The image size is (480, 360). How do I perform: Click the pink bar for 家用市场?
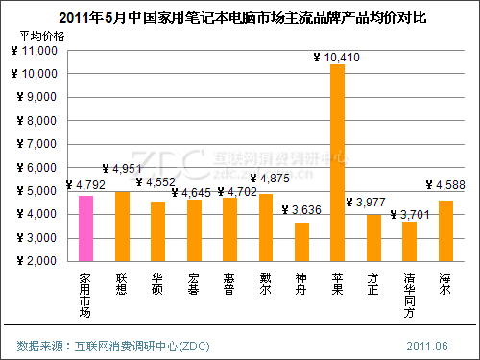pyautogui.click(x=85, y=228)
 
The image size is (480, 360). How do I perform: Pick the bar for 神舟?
pyautogui.click(x=301, y=241)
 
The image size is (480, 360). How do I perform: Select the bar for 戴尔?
pyautogui.click(x=265, y=227)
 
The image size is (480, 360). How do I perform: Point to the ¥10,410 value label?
pyautogui.click(x=337, y=58)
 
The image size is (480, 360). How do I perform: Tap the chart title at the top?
pyautogui.click(x=239, y=16)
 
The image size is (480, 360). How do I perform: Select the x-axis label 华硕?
pyautogui.click(x=157, y=281)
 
